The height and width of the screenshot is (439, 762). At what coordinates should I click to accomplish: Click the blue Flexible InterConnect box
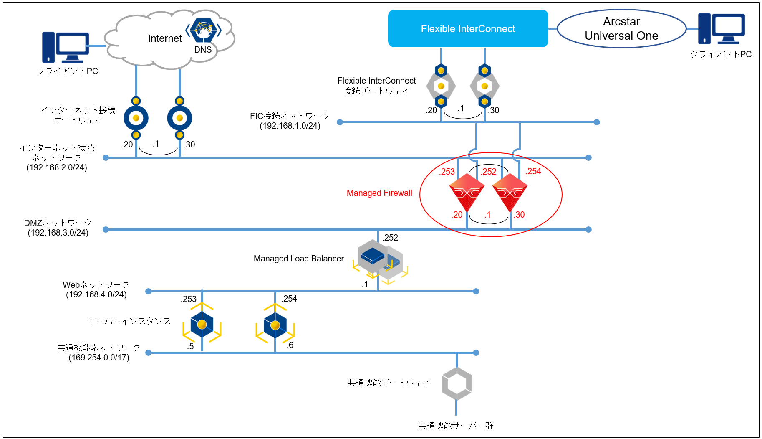pos(468,28)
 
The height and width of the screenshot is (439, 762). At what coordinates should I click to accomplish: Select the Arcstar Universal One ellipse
pos(621,28)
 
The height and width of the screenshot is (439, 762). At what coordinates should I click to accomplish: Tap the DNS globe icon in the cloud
pos(203,30)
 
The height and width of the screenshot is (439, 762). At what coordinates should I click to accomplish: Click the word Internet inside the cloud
pos(165,38)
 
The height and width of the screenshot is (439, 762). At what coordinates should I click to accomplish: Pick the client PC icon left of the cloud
pos(66,47)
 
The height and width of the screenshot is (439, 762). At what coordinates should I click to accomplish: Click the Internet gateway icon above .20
pos(136,118)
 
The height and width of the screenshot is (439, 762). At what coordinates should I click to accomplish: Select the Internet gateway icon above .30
pos(179,118)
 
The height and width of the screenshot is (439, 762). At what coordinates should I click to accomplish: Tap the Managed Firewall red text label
pos(379,193)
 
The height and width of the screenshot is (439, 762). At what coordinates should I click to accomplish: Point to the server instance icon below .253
pos(202,325)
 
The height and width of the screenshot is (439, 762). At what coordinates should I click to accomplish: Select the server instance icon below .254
pos(275,325)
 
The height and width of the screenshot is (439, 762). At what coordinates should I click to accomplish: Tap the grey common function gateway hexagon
pos(457,383)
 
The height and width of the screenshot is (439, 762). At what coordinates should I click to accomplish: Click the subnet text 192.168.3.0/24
pos(58,233)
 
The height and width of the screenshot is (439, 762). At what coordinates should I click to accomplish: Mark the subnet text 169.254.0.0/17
pos(99,358)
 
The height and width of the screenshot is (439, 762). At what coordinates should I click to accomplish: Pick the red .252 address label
pos(488,172)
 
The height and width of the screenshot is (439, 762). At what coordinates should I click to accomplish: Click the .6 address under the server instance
pos(290,345)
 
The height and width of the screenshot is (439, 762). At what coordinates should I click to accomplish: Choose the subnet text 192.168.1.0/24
pos(290,126)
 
